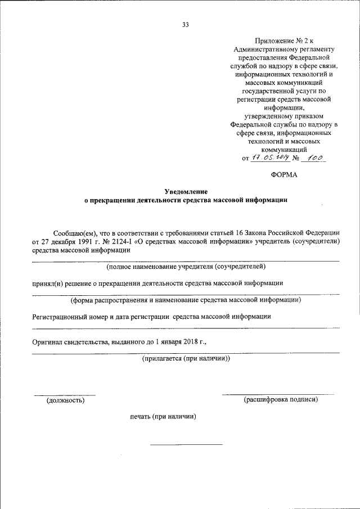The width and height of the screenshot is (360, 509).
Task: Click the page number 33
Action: point(185,24)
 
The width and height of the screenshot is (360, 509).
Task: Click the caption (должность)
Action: point(65,400)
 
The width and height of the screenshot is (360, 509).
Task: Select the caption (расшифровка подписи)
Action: point(281,400)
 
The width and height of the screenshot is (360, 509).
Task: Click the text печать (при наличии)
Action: point(163,417)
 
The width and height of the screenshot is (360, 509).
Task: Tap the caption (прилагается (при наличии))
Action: point(186,358)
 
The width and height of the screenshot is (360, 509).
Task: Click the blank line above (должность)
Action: point(64,395)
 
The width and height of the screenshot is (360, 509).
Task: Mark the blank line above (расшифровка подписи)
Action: point(278,394)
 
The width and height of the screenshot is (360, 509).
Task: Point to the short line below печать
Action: point(186,444)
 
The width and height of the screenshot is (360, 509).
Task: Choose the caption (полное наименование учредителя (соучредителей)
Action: point(186,266)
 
